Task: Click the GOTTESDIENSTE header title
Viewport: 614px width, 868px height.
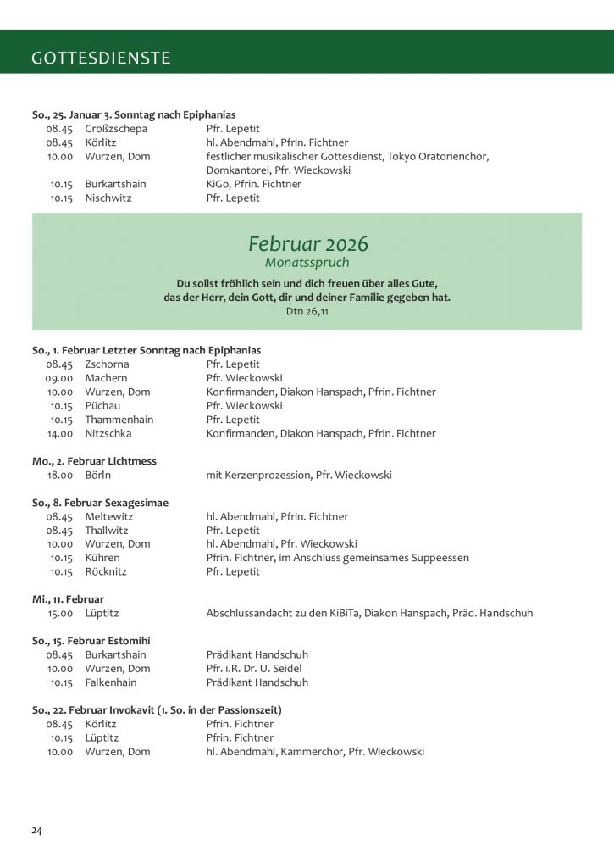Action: coord(101,58)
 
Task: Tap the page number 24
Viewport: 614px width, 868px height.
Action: coord(37,830)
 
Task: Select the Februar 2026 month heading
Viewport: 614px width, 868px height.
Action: coord(308,244)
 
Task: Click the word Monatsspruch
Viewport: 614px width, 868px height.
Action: coord(307,263)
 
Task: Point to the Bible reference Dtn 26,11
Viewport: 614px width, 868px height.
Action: coord(307,311)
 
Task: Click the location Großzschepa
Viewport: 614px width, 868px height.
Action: coord(116,129)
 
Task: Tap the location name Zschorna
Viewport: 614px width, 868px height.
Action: coord(107,364)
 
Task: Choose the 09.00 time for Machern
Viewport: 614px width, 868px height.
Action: coord(59,378)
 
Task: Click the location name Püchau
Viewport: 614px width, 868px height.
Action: coord(102,406)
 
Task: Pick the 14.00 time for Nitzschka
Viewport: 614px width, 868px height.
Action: coord(59,433)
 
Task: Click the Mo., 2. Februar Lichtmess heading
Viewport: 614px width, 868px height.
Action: coord(94,461)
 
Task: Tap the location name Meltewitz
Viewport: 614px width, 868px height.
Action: coord(109,516)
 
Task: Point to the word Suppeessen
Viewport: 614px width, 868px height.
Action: coord(440,558)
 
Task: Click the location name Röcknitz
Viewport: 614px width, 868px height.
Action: coord(106,571)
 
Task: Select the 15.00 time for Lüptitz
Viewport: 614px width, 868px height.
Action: coord(59,613)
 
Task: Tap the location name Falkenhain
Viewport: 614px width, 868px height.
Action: coord(111,682)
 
